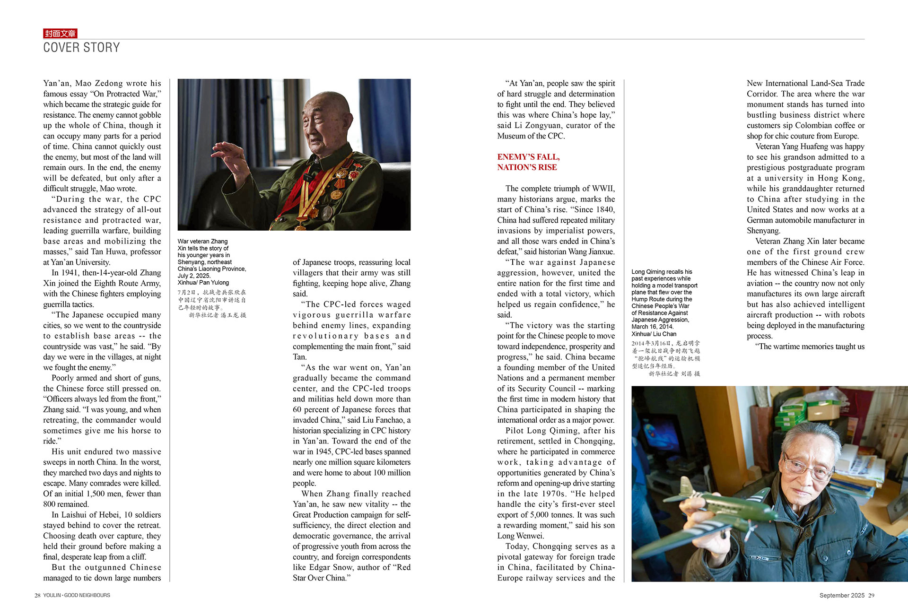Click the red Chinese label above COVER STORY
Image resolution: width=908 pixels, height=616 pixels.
click(60, 34)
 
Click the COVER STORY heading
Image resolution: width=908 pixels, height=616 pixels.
click(81, 48)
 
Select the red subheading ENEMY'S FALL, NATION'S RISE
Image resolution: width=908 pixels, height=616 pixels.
click(528, 162)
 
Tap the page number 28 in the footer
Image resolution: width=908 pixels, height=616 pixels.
click(37, 596)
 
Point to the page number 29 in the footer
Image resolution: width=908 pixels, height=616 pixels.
click(871, 596)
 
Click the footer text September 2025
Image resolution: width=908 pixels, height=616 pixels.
click(842, 596)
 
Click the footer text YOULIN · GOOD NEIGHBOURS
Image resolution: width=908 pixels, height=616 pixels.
click(77, 596)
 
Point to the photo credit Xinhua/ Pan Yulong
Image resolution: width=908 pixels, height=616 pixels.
click(203, 283)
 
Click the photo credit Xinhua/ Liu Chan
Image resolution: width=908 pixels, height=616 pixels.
click(654, 334)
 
